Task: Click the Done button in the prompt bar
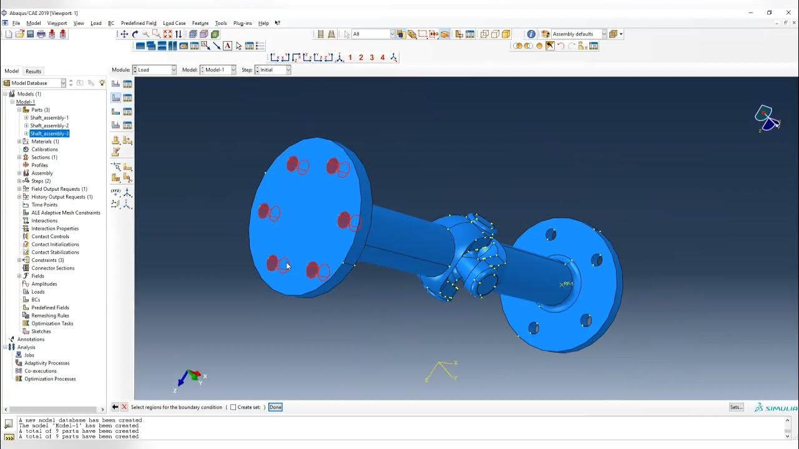275,407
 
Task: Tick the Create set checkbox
233,407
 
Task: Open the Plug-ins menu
242,23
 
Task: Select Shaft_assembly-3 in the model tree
49,133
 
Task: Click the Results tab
33,71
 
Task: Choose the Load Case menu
174,23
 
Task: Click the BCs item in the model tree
36,300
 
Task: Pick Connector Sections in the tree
52,268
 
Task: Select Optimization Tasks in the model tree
52,324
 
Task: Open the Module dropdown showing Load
155,70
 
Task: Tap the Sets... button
737,407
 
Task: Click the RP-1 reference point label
568,284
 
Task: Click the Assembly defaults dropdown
577,34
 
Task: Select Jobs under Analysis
29,355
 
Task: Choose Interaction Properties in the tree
55,229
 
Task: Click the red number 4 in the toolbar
383,57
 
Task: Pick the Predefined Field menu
139,23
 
